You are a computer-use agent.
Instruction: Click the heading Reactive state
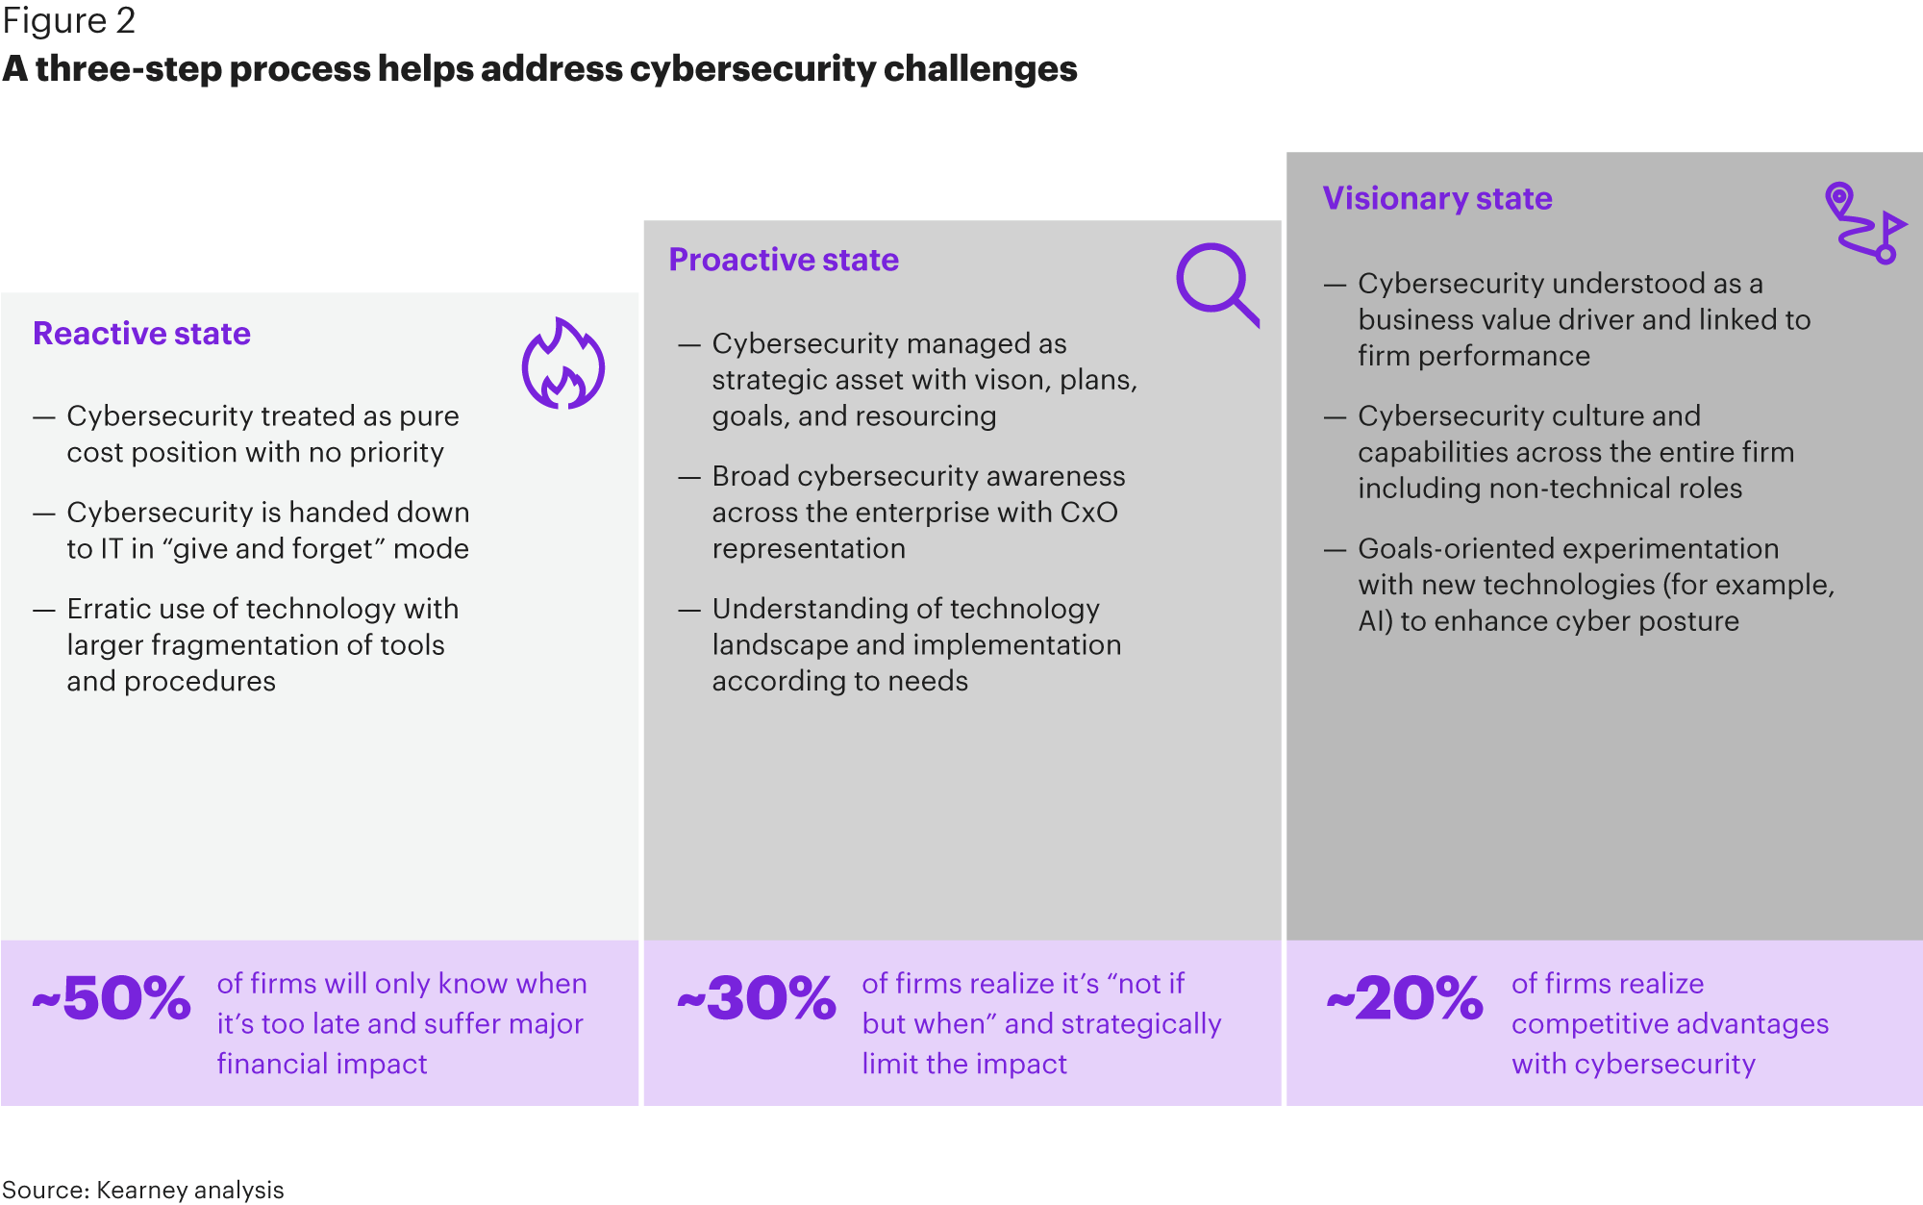(x=141, y=333)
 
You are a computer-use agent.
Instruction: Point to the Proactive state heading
(x=784, y=260)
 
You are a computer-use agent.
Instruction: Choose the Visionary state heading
(x=1437, y=198)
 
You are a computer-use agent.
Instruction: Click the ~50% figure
(x=112, y=998)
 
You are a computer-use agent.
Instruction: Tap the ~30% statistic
(x=757, y=998)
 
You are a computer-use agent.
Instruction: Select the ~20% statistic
(x=1405, y=998)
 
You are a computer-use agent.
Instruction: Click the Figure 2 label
(x=68, y=20)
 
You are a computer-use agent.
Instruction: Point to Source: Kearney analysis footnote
(x=143, y=1190)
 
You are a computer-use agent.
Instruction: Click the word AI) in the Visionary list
(x=1375, y=621)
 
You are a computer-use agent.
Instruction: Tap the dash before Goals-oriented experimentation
(x=1335, y=550)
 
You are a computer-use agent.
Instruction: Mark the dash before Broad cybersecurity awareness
(x=689, y=478)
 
